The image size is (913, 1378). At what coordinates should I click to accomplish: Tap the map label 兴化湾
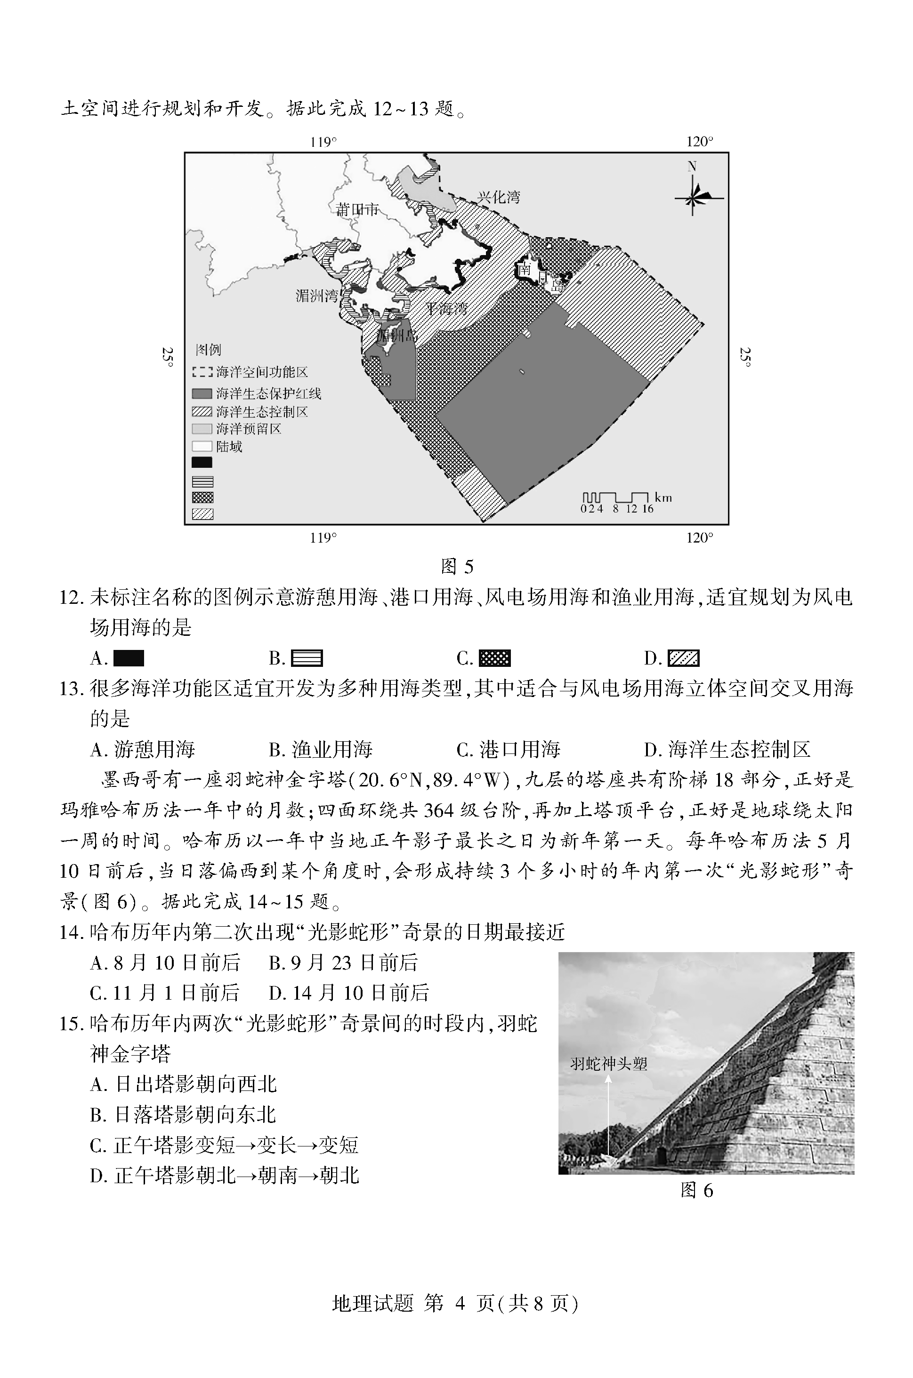pyautogui.click(x=499, y=197)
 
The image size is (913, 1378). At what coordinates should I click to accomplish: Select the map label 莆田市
pyautogui.click(x=357, y=209)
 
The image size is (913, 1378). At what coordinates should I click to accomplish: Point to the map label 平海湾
pyautogui.click(x=446, y=308)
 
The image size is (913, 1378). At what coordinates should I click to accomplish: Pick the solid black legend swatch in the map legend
pyautogui.click(x=202, y=463)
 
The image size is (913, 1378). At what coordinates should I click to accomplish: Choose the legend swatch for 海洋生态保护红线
pyautogui.click(x=202, y=394)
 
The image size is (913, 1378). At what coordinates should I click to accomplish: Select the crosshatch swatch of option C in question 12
pyautogui.click(x=494, y=658)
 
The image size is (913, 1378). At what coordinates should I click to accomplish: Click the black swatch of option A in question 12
pyautogui.click(x=129, y=658)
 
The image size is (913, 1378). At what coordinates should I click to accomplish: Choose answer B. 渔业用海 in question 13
pyautogui.click(x=321, y=750)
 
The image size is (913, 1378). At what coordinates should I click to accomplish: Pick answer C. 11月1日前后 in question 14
pyautogui.click(x=165, y=993)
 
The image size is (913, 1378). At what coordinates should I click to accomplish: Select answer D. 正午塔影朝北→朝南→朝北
pyautogui.click(x=225, y=1176)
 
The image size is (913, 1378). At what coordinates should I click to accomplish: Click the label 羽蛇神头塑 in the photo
pyautogui.click(x=608, y=1064)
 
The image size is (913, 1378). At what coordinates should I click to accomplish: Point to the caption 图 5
pyautogui.click(x=457, y=566)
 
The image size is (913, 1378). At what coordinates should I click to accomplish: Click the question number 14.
pyautogui.click(x=72, y=932)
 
